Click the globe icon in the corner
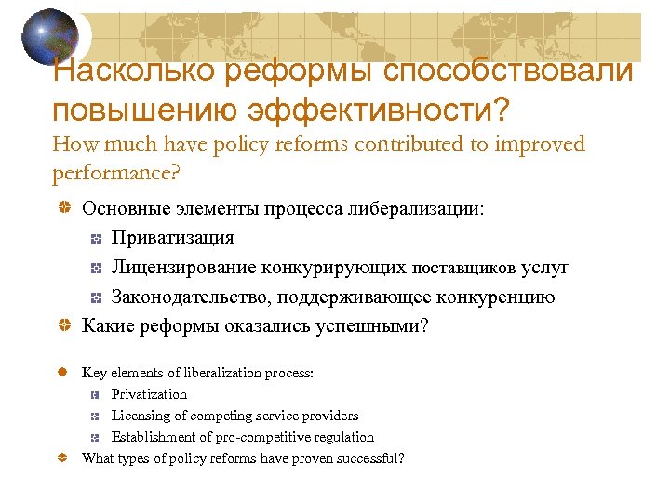[47, 38]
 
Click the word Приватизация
[173, 238]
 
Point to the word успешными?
[372, 327]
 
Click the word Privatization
[149, 394]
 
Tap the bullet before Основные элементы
[62, 208]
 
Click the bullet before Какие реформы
[62, 327]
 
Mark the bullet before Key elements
[62, 373]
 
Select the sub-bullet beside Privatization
[95, 394]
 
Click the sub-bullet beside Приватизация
[95, 239]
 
